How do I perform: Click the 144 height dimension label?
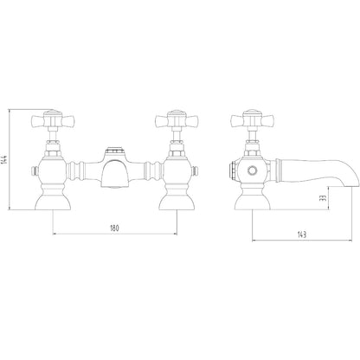click(4, 159)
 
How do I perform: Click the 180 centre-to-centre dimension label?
click(114, 228)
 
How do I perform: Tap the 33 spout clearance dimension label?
click(323, 198)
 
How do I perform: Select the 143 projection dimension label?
click(302, 235)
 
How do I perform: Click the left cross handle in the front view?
click(53, 119)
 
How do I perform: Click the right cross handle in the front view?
click(177, 119)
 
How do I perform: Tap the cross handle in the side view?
click(252, 119)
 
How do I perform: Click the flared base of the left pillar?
click(53, 202)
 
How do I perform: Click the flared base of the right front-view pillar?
click(177, 202)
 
